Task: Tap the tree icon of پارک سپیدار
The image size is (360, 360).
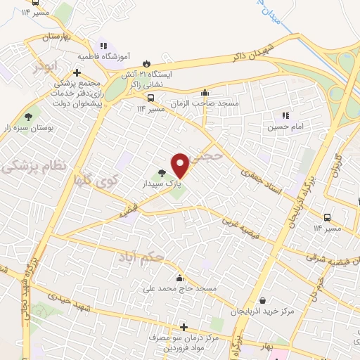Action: coord(162,172)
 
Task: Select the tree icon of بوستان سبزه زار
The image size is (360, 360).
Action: coord(29,117)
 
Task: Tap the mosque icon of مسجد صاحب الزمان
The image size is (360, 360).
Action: coord(205,92)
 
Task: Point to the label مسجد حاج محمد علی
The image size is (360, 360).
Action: coord(186,289)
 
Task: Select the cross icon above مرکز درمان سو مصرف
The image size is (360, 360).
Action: coord(184,327)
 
